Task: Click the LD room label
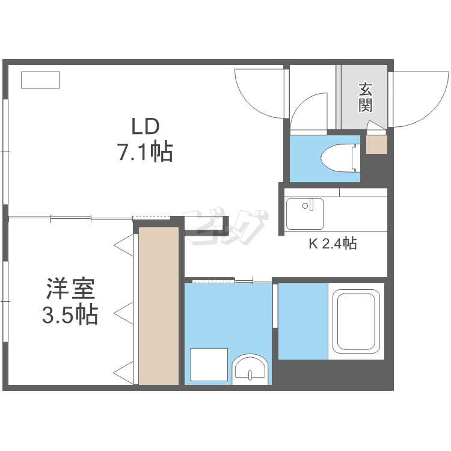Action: click(146, 127)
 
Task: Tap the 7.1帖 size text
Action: click(145, 153)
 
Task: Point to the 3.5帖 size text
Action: click(70, 316)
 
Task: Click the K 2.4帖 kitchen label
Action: click(333, 244)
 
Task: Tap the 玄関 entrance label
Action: click(365, 97)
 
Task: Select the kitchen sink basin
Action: click(305, 213)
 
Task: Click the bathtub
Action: click(357, 322)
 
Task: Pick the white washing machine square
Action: click(209, 364)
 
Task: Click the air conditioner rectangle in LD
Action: click(40, 80)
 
